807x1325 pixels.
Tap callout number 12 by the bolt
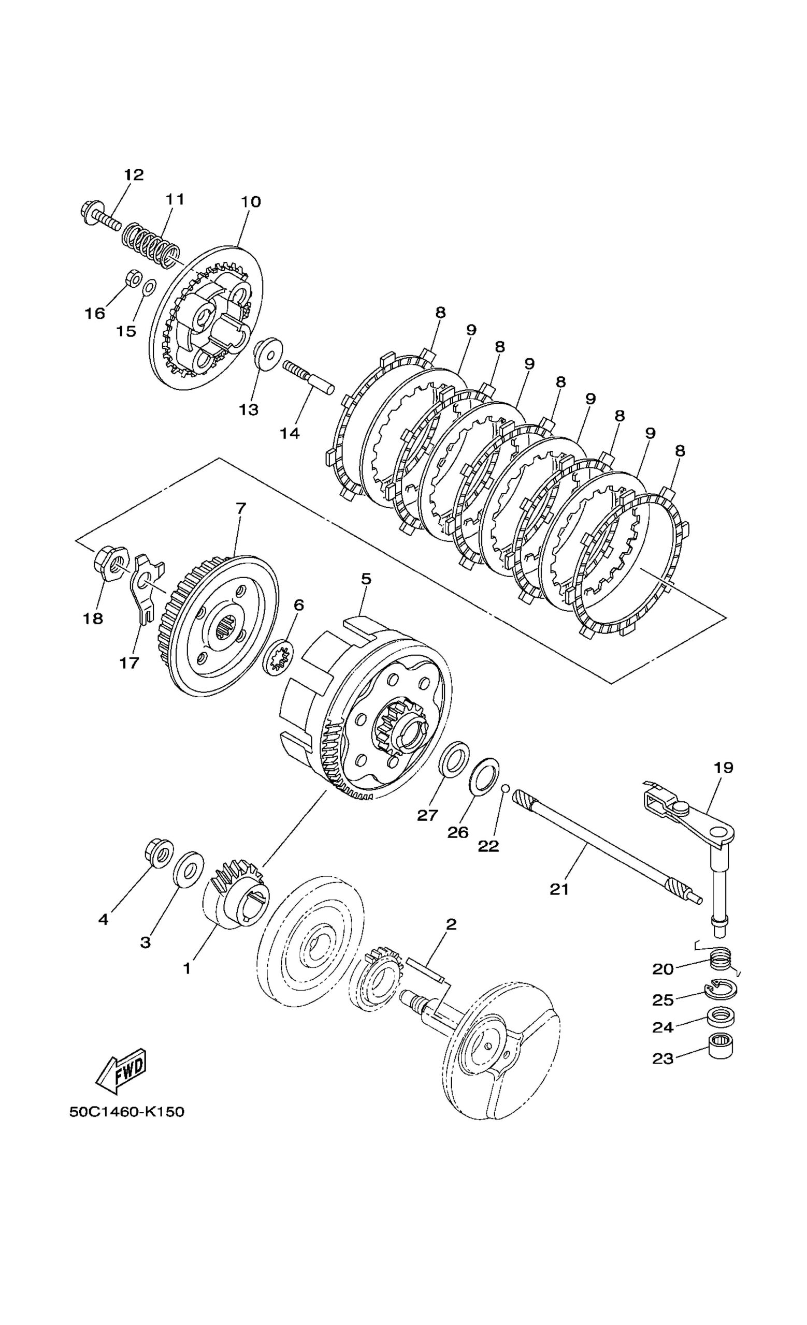(134, 175)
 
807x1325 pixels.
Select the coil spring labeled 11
(150, 245)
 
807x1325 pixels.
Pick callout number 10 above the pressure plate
(251, 202)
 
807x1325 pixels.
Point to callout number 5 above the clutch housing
(366, 579)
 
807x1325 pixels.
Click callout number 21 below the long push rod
(559, 889)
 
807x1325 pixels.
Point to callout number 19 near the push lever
(724, 768)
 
